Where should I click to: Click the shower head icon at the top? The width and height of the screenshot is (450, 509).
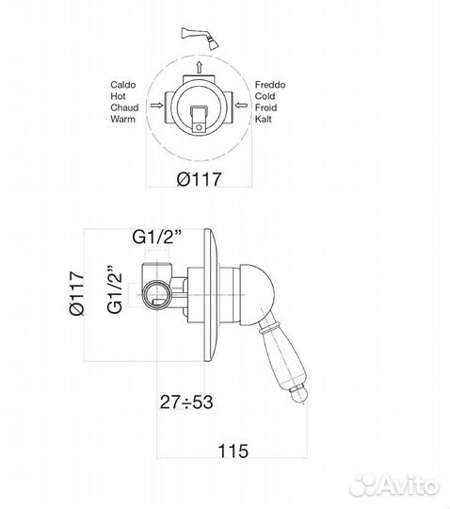pyautogui.click(x=201, y=39)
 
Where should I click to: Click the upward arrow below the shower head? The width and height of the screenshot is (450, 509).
pyautogui.click(x=199, y=67)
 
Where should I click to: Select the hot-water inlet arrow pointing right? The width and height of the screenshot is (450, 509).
pyautogui.click(x=157, y=106)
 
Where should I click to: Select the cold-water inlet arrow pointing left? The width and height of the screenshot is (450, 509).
pyautogui.click(x=241, y=106)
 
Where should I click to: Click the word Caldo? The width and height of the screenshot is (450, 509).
pyautogui.click(x=123, y=85)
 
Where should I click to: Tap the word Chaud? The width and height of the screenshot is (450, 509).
pyautogui.click(x=124, y=107)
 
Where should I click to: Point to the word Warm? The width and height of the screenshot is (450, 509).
pyautogui.click(x=122, y=119)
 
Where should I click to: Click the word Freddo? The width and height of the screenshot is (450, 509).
pyautogui.click(x=270, y=85)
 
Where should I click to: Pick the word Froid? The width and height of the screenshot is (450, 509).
pyautogui.click(x=265, y=107)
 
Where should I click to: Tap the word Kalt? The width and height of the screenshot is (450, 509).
pyautogui.click(x=263, y=119)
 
